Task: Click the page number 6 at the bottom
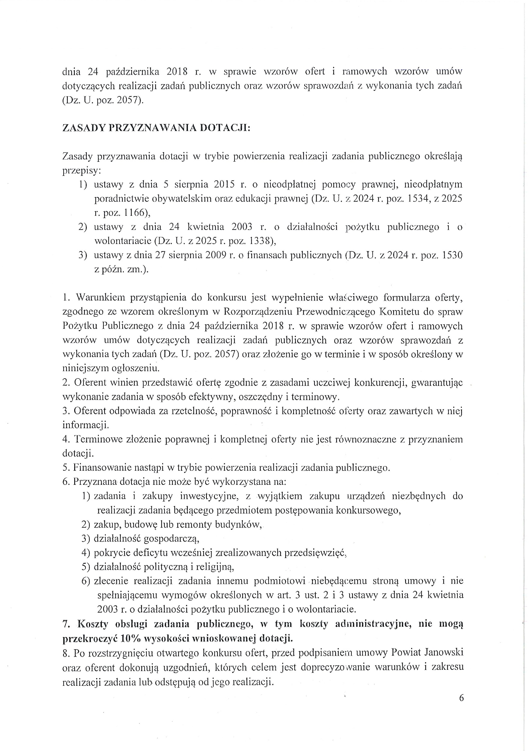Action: coord(461,698)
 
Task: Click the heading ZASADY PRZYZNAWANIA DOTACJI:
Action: coord(156,128)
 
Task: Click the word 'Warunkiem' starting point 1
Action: coord(101,298)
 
